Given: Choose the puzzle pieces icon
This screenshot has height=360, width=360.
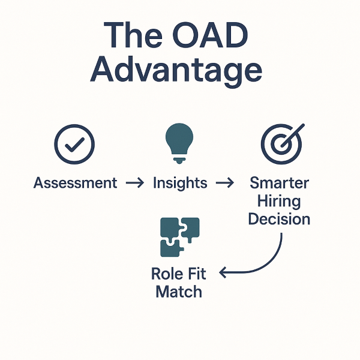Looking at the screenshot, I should pyautogui.click(x=179, y=238).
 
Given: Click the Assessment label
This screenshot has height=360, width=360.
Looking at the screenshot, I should pyautogui.click(x=76, y=183).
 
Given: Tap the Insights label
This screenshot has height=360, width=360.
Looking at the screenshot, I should pyautogui.click(x=180, y=183).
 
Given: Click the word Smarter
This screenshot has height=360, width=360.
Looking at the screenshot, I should pyautogui.click(x=279, y=182).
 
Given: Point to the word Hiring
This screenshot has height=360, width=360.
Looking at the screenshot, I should pyautogui.click(x=279, y=200).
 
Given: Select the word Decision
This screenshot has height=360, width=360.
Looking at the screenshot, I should pyautogui.click(x=279, y=219).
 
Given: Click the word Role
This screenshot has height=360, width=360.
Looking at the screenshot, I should pyautogui.click(x=166, y=274).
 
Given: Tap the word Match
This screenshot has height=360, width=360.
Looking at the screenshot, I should pyautogui.click(x=179, y=292).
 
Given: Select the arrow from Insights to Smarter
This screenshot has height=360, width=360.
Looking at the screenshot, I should pyautogui.click(x=224, y=183).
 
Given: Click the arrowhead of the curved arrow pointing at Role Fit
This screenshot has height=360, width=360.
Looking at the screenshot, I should pyautogui.click(x=223, y=274).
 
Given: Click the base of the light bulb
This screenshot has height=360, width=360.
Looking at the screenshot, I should pyautogui.click(x=179, y=159).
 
